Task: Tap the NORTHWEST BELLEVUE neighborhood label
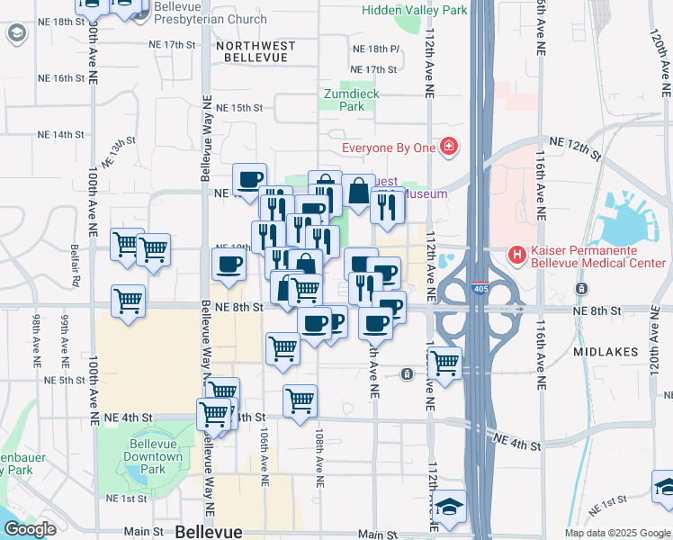click(x=252, y=51)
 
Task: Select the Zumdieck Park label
click(x=352, y=99)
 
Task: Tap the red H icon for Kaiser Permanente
click(x=517, y=255)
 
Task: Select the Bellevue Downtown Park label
click(x=155, y=456)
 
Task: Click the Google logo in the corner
click(x=30, y=529)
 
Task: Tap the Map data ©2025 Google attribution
click(x=616, y=533)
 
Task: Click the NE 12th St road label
click(x=574, y=149)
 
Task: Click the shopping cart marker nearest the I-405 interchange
click(x=444, y=364)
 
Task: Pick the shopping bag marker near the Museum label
click(x=358, y=192)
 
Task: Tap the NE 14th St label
click(x=61, y=135)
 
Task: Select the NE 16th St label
click(x=61, y=78)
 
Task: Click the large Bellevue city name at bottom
click(x=208, y=531)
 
